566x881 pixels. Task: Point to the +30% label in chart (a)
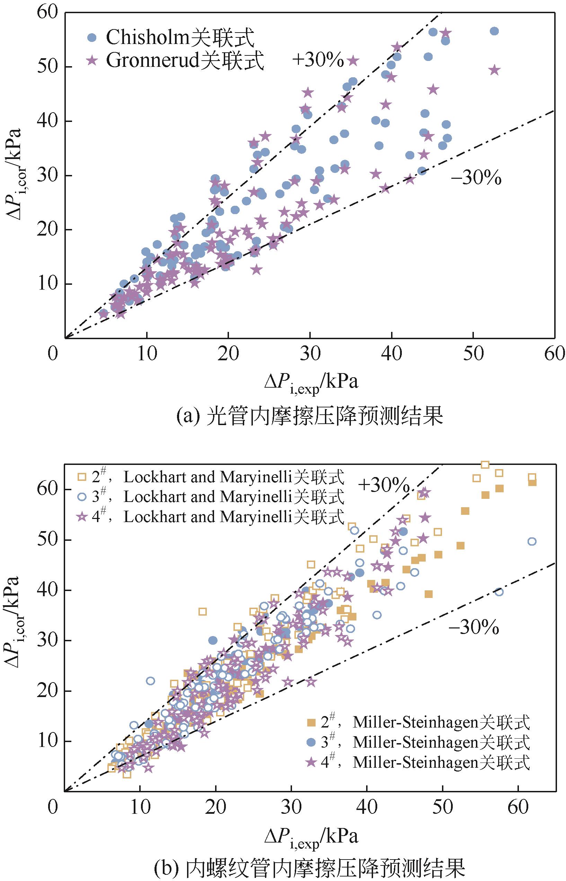click(318, 60)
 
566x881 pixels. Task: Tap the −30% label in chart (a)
click(476, 179)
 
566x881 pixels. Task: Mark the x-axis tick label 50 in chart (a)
click(473, 354)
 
